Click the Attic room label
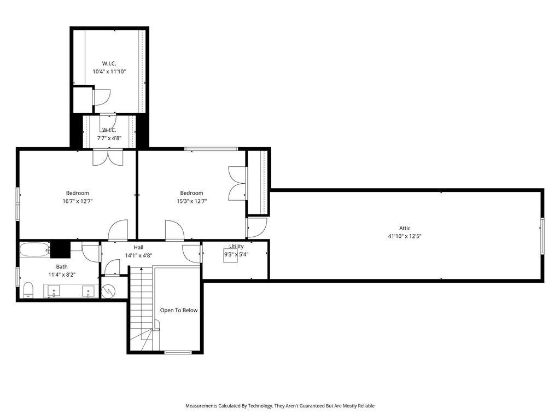pos(405,228)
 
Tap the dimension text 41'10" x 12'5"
pos(405,236)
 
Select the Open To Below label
pos(179,311)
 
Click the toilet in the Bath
pos(28,290)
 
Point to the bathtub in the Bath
pos(34,249)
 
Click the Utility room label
pos(236,247)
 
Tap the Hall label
pos(138,248)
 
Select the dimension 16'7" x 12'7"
pos(78,201)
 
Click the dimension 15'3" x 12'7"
pos(192,201)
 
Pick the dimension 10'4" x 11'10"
pos(109,72)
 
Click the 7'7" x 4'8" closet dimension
pos(109,137)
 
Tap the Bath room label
pos(62,267)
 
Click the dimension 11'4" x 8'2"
pos(62,275)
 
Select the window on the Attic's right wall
pos(542,236)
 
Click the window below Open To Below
pos(178,353)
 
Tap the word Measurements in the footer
pos(201,406)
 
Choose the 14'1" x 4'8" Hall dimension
pos(138,255)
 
